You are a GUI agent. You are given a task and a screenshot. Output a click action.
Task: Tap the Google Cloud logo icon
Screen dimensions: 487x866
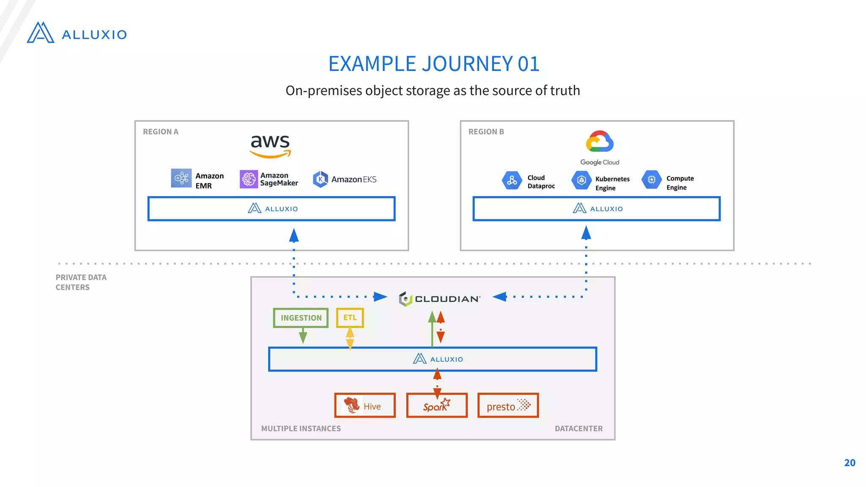coord(600,142)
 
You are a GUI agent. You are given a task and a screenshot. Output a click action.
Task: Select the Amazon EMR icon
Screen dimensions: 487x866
coord(181,178)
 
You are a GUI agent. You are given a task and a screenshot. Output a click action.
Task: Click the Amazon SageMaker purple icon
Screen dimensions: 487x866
coord(249,179)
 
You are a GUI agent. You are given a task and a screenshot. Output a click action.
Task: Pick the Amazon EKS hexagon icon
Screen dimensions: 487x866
coord(321,179)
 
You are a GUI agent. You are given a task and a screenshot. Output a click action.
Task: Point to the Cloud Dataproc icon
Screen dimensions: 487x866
coord(512,181)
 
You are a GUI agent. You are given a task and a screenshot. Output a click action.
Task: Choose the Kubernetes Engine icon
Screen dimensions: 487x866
coord(581,180)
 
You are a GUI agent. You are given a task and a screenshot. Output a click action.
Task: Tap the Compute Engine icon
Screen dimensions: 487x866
coord(652,180)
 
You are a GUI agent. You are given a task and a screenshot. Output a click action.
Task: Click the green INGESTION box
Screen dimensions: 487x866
coord(301,318)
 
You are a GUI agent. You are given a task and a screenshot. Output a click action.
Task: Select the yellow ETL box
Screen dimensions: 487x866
coord(350,317)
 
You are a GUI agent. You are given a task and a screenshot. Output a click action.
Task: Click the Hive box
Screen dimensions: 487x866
coord(365,405)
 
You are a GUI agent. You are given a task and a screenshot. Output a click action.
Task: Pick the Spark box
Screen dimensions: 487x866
coord(437,405)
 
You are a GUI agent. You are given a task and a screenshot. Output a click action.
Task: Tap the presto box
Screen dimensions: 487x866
coord(508,405)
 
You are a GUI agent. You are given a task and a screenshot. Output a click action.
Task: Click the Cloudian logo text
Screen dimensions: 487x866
coord(447,299)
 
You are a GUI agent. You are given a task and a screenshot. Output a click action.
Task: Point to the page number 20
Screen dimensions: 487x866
coord(850,462)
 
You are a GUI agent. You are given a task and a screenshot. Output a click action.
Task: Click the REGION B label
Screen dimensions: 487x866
coord(486,131)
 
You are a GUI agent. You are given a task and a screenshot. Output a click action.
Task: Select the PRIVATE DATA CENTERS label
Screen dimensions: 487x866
coord(81,282)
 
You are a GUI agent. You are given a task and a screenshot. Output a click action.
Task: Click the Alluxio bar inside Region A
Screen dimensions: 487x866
coord(271,208)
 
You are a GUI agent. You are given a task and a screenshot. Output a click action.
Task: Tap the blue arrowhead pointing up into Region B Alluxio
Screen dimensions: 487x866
coord(586,233)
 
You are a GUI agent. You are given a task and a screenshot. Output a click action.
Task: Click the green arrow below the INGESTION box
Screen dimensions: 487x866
coord(303,337)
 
